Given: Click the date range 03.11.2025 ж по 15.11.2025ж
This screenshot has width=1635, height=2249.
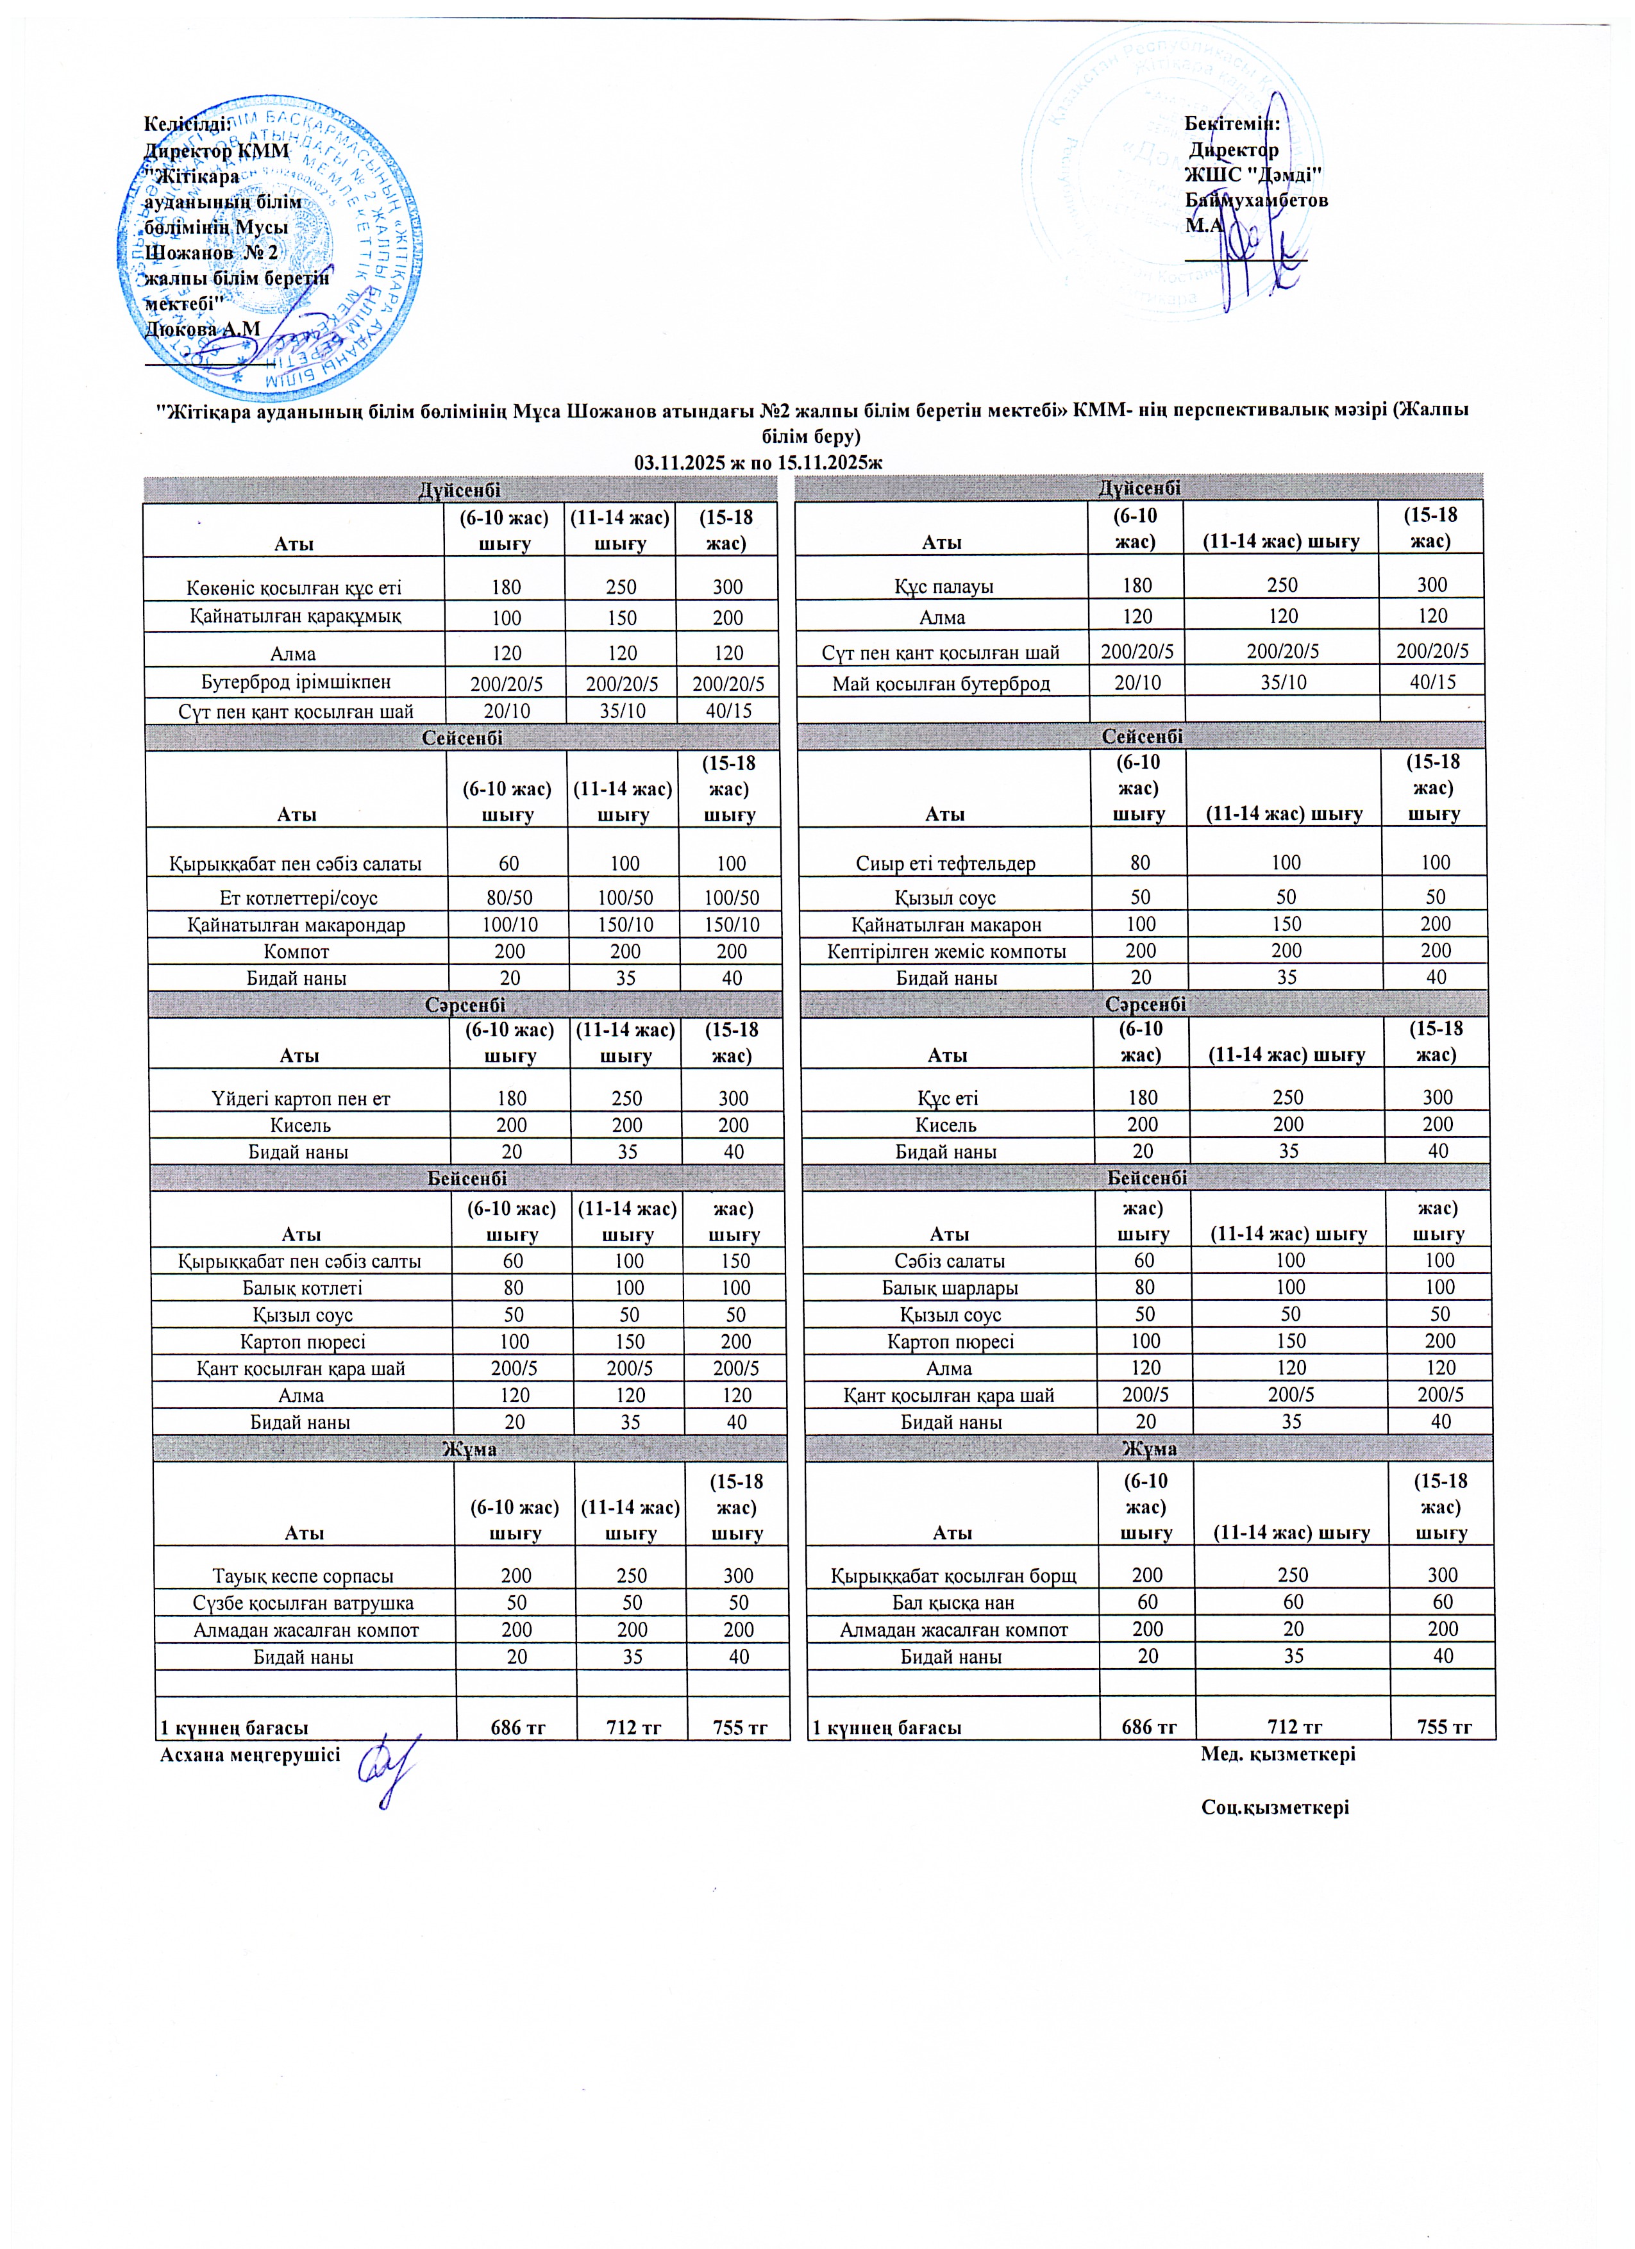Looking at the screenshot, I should pos(759,462).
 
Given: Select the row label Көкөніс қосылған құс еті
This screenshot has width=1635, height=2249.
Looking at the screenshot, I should pos(294,587).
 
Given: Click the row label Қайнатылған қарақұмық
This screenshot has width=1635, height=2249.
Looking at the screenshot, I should pos(294,616).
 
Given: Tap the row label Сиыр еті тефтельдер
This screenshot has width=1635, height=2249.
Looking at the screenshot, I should pos(945,863).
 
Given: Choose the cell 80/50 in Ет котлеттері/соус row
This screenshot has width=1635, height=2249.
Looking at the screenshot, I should pos(508,898).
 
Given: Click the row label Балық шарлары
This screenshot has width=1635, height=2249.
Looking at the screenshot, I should pos(950,1287).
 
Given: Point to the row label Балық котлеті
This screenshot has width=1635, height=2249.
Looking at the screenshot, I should pos(301,1288).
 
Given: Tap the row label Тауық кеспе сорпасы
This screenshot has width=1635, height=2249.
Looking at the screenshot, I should pos(303,1576).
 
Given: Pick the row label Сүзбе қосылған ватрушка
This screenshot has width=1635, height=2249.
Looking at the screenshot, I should pos(303,1603).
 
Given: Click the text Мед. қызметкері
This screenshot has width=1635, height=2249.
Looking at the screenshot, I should pos(1278,1753).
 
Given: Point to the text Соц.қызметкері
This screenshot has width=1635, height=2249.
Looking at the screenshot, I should pos(1275,1807).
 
